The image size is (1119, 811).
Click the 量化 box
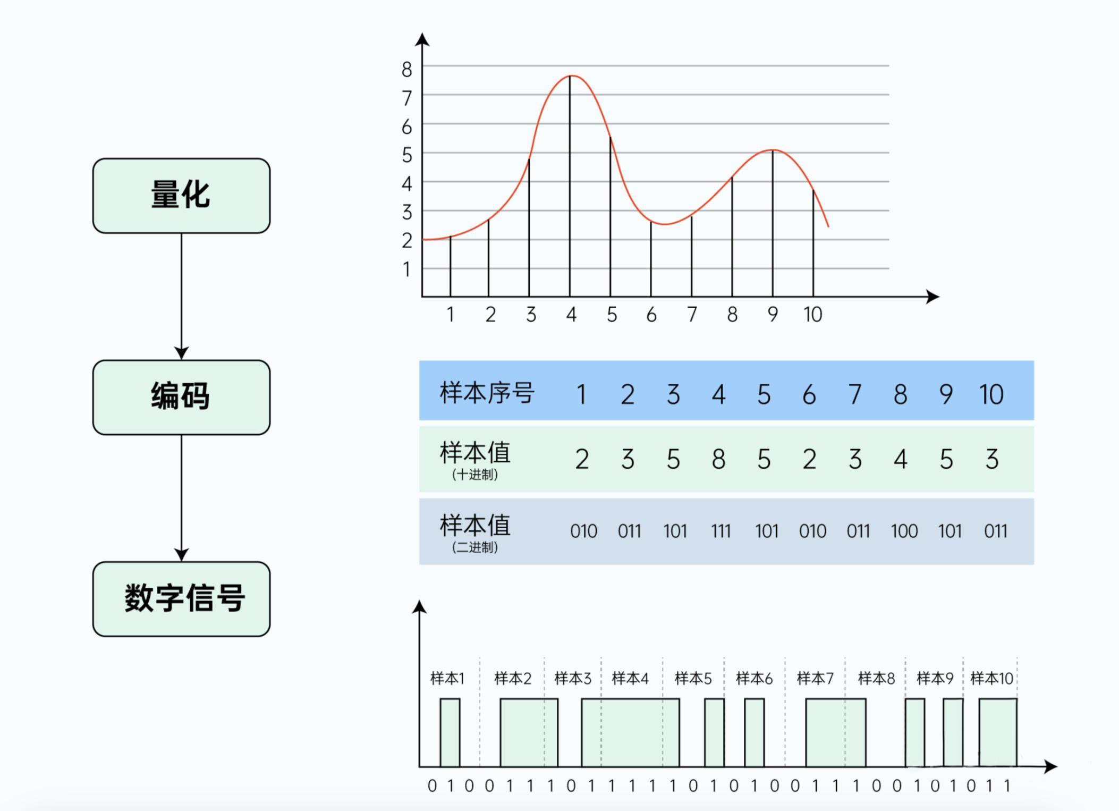coord(181,195)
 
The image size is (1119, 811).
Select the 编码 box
coord(181,397)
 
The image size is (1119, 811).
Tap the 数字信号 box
coord(181,599)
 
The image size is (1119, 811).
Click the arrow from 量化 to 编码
coord(181,295)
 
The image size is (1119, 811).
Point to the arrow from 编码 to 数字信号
coord(181,497)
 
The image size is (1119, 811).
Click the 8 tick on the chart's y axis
coord(407,70)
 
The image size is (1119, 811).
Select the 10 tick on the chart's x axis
coord(812,315)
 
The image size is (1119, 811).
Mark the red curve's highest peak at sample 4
coord(572,77)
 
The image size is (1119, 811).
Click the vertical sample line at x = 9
coord(773,223)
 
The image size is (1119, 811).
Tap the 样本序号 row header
coord(486,393)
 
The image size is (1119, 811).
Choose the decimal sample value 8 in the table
coord(718,459)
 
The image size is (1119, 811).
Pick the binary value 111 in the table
coord(720,531)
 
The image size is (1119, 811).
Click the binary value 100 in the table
coord(904,531)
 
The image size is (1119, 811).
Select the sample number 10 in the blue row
coord(991,394)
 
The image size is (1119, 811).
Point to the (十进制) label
coord(474,475)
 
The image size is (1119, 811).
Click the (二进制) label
coord(474,547)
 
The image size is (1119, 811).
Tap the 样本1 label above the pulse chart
coord(447,678)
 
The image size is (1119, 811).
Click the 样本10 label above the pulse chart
coord(991,678)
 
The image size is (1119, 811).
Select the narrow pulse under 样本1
coord(450,732)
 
